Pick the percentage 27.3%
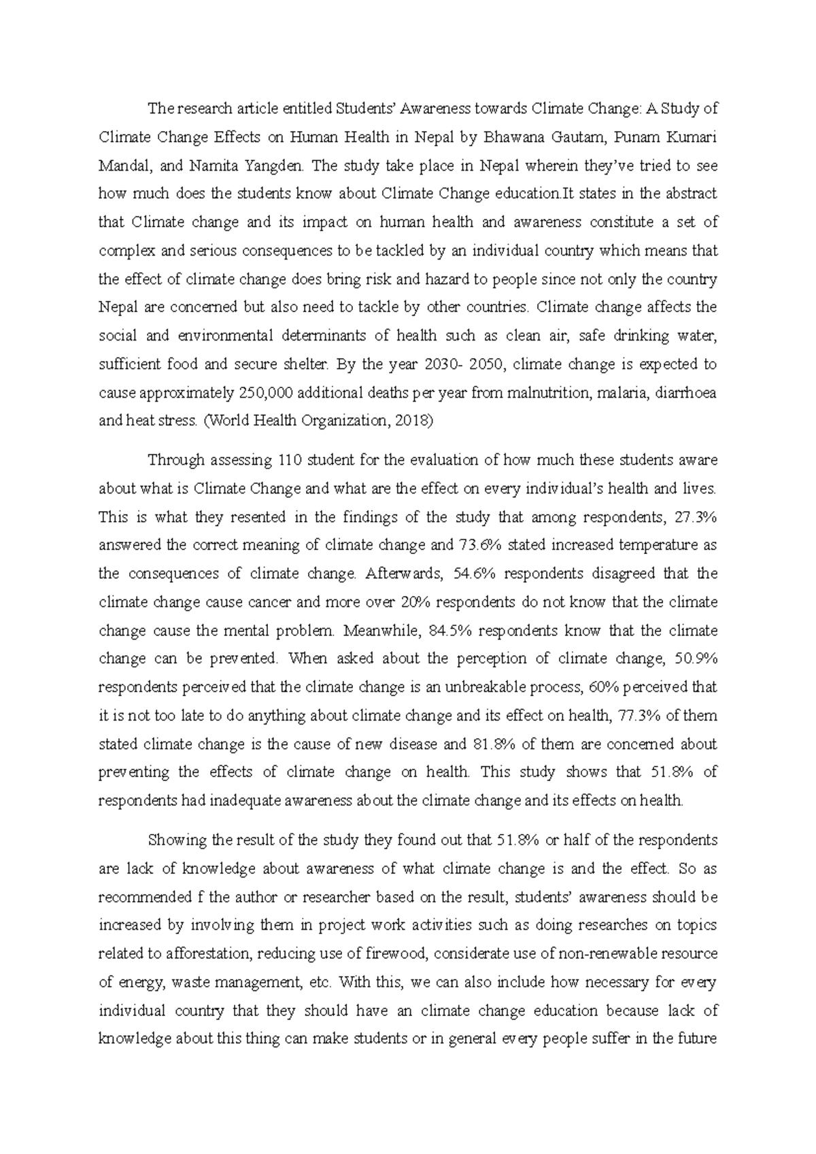[696, 517]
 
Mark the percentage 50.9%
[696, 659]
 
